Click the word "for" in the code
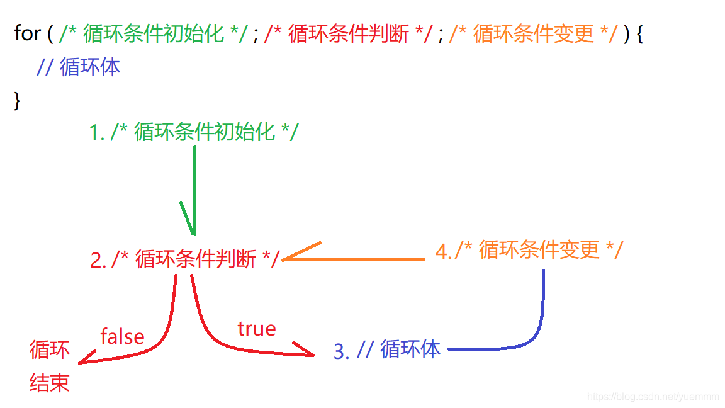pos(27,33)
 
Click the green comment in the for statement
pos(154,34)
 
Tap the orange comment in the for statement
pos(533,34)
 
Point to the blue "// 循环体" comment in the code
pos(78,67)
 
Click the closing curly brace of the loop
pos(17,101)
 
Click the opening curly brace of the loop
pos(639,34)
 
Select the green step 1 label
pos(193,132)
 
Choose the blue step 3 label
pos(386,349)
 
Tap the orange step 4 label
pos(529,250)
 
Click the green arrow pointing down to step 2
pos(194,189)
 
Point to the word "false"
pos(122,336)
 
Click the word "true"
pos(256,328)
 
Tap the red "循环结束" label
pos(50,366)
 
